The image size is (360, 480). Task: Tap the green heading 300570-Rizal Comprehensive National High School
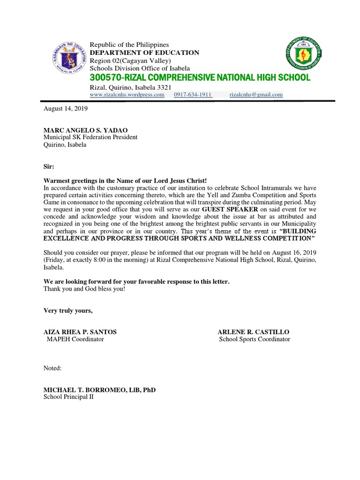[x=200, y=77]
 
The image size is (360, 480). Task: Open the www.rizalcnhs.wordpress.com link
[x=127, y=95]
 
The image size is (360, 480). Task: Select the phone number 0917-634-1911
[x=193, y=95]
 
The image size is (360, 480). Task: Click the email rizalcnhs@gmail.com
[x=256, y=95]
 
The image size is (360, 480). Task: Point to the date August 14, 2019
[x=66, y=109]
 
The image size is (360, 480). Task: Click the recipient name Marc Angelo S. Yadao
[x=85, y=130]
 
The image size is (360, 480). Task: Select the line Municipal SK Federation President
[x=90, y=137]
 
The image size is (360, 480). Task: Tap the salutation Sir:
[x=49, y=166]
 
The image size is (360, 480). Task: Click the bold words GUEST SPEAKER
[x=230, y=209]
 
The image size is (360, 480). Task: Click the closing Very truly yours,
[x=68, y=310]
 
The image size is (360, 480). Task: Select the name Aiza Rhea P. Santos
[x=80, y=332]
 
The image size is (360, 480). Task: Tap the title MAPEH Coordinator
[x=75, y=339]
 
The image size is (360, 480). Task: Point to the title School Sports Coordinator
[x=255, y=339]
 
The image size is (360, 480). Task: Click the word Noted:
[x=52, y=368]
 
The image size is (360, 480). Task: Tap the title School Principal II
[x=68, y=397]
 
